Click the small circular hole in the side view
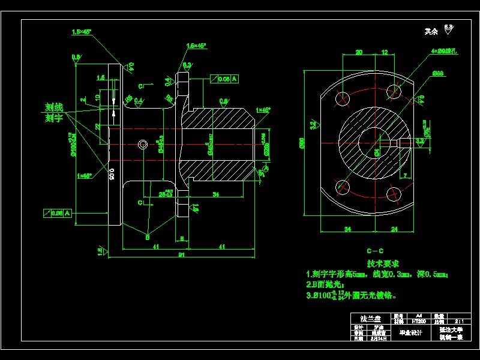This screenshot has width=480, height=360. click(x=143, y=144)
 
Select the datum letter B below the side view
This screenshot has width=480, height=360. click(x=147, y=237)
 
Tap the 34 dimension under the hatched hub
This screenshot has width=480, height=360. click(x=215, y=194)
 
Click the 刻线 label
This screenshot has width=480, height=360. click(x=54, y=107)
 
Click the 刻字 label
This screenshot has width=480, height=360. click(x=54, y=118)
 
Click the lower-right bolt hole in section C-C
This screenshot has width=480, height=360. click(x=394, y=193)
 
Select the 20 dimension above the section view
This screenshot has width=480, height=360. click(x=359, y=53)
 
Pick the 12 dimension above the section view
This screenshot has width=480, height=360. click(x=385, y=53)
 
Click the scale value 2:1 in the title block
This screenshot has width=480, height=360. click(x=459, y=321)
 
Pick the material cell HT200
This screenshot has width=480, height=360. click(x=419, y=321)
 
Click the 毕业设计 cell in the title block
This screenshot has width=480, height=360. click(x=411, y=332)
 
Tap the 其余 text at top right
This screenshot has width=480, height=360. click(x=431, y=31)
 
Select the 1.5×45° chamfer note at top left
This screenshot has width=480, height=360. click(x=81, y=32)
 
